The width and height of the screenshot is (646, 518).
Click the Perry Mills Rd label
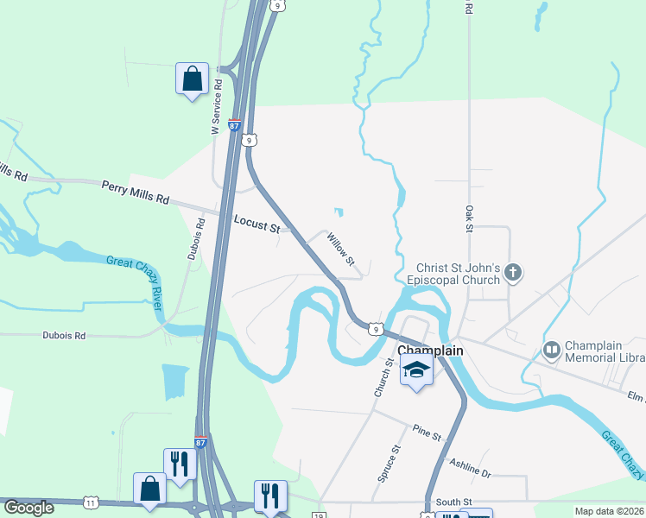pyautogui.click(x=136, y=192)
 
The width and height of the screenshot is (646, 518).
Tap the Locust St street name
pyautogui.click(x=257, y=224)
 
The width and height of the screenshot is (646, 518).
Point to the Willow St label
pyautogui.click(x=339, y=247)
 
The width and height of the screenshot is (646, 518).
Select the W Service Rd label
pyautogui.click(x=218, y=107)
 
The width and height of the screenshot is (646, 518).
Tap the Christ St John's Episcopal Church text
pyautogui.click(x=458, y=274)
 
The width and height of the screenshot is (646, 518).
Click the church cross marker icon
pyautogui.click(x=513, y=274)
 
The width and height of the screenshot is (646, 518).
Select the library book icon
pyautogui.click(x=551, y=350)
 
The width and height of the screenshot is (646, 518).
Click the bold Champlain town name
pyautogui.click(x=430, y=351)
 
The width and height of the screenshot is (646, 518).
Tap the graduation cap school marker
pyautogui.click(x=416, y=370)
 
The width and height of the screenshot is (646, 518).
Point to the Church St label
pyautogui.click(x=384, y=378)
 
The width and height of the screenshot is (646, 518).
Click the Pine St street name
pyautogui.click(x=427, y=431)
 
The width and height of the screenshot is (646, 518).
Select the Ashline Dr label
pyautogui.click(x=470, y=466)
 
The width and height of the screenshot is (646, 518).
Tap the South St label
pyautogui.click(x=453, y=502)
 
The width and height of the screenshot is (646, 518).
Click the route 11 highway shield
pyautogui.click(x=92, y=502)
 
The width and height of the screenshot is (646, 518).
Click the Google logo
pyautogui.click(x=28, y=508)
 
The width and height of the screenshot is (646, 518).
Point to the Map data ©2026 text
pyautogui.click(x=609, y=511)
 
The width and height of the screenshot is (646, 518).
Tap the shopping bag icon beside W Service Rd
pyautogui.click(x=191, y=79)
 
